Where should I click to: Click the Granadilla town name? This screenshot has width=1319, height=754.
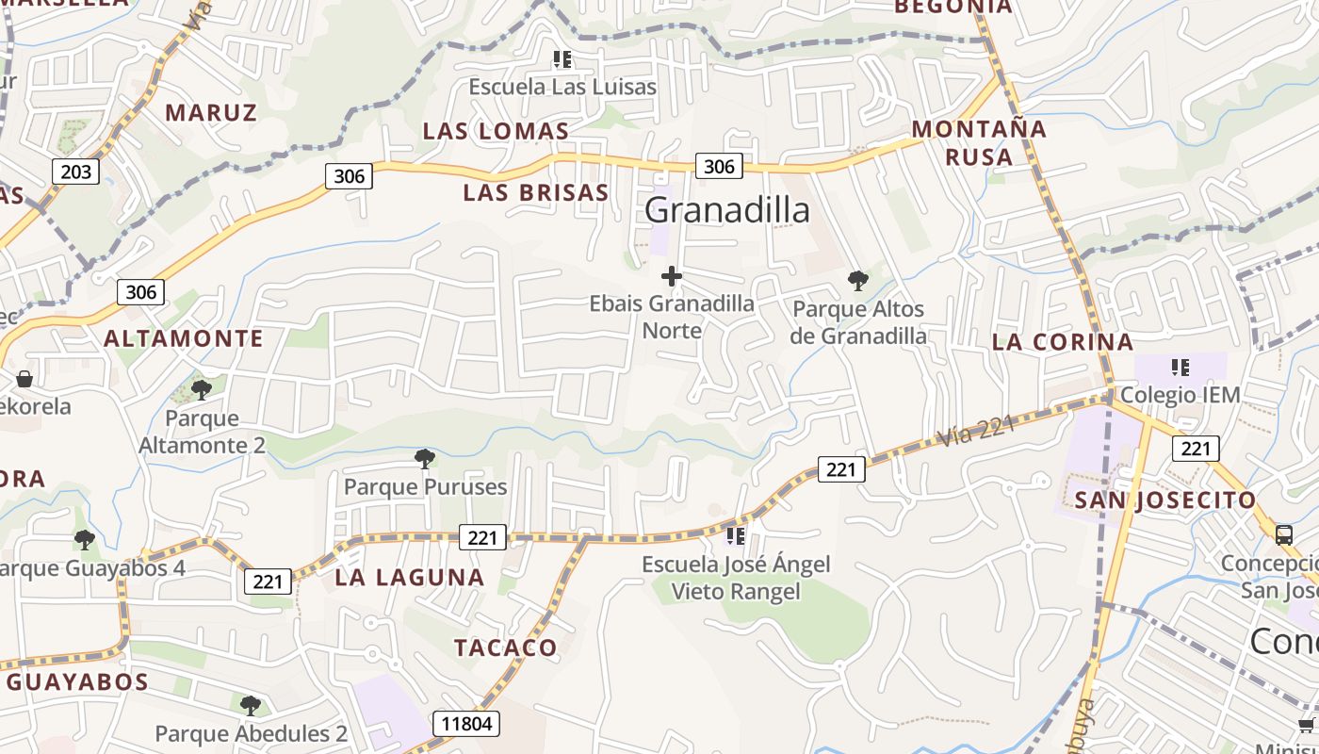(x=727, y=210)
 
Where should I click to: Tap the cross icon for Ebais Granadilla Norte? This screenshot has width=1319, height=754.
(x=671, y=276)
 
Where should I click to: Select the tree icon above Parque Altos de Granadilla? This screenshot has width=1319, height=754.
(x=857, y=280)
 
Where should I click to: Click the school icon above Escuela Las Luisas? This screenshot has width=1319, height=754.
(x=562, y=60)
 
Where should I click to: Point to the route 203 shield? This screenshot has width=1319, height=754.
(x=75, y=172)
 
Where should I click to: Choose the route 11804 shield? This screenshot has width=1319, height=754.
(x=466, y=724)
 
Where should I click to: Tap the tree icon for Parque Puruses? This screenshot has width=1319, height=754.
(x=425, y=459)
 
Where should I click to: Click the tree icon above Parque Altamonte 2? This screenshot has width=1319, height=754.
(x=201, y=389)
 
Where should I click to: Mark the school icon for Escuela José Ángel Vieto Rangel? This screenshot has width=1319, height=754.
(x=735, y=536)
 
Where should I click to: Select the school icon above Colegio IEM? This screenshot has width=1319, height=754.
(x=1180, y=367)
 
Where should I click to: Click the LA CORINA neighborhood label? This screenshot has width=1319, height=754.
(x=1063, y=342)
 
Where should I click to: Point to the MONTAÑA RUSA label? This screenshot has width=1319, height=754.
(x=979, y=142)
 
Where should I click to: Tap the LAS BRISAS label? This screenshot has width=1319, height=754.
(x=536, y=193)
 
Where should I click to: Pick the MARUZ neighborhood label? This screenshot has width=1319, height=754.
(x=211, y=113)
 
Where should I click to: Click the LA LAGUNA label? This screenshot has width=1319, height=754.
(x=410, y=578)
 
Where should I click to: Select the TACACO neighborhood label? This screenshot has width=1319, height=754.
(x=506, y=647)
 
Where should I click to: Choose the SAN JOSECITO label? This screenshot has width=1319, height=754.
(x=1165, y=500)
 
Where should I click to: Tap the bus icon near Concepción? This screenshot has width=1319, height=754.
(x=1284, y=535)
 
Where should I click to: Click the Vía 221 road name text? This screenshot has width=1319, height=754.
(x=977, y=431)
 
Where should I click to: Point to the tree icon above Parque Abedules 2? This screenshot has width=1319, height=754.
(x=250, y=705)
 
